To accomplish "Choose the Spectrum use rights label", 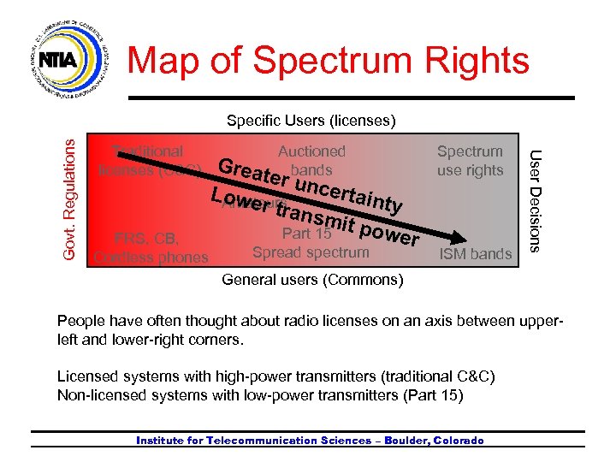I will click(x=470, y=161).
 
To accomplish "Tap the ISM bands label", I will click(x=475, y=253).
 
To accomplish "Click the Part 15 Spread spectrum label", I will click(x=311, y=243).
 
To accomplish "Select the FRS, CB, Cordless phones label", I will click(x=151, y=247).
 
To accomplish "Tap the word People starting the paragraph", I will click(x=80, y=321).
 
